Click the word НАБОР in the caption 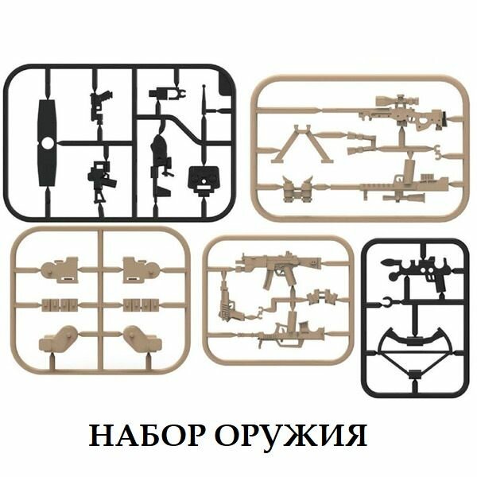coord(142,436)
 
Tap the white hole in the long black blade coord(47,144)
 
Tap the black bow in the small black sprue coord(413,343)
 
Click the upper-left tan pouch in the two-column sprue coord(59,270)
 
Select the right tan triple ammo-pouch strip coord(140,304)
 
